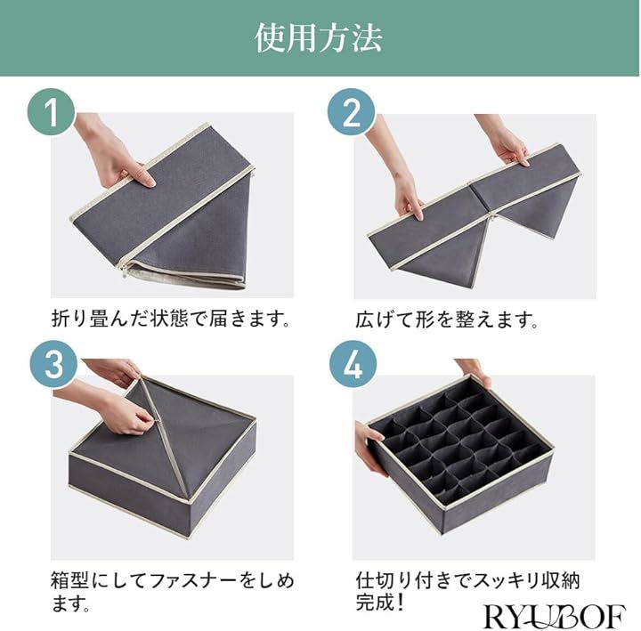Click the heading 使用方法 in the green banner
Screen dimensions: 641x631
(x=319, y=38)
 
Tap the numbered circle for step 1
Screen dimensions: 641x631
(x=52, y=111)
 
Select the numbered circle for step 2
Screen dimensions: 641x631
(x=352, y=111)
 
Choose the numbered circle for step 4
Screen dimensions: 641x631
(x=353, y=364)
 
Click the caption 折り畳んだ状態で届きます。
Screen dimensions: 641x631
(x=171, y=319)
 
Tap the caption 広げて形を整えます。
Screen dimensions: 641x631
(x=447, y=320)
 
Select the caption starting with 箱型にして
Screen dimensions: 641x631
(x=172, y=591)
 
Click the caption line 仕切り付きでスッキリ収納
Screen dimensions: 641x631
(x=467, y=581)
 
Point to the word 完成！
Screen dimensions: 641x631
(x=381, y=602)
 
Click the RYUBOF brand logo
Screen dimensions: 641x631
(x=554, y=616)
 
